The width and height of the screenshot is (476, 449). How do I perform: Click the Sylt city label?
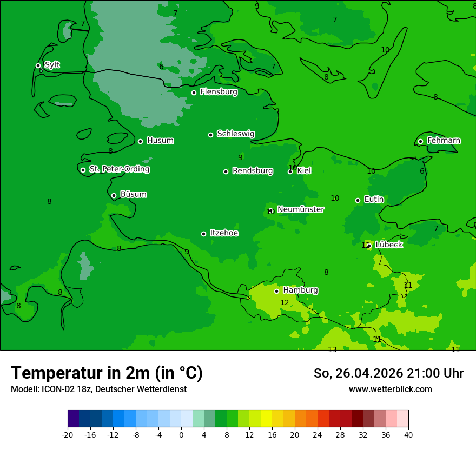tap(52, 65)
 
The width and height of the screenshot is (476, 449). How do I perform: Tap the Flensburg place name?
tap(219, 92)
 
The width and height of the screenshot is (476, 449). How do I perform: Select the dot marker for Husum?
tap(140, 141)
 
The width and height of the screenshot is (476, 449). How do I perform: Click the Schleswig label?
tap(235, 134)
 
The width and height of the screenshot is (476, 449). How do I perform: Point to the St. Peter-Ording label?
tap(119, 169)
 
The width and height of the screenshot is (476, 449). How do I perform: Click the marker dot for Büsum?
tap(114, 195)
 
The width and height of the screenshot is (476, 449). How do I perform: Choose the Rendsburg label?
tap(252, 171)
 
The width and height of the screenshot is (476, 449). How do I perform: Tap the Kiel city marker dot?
tap(290, 171)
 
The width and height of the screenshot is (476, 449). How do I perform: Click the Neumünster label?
tap(300, 209)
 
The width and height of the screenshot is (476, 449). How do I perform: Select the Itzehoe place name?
tap(224, 233)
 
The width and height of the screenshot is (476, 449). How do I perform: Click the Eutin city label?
tap(374, 200)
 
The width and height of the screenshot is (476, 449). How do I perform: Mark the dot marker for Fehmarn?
tap(420, 141)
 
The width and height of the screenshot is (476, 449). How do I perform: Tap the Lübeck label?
tap(388, 245)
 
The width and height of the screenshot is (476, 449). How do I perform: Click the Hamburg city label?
tap(300, 290)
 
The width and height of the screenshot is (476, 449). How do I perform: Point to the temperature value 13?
tap(332, 349)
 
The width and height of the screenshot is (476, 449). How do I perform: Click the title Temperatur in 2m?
tap(107, 373)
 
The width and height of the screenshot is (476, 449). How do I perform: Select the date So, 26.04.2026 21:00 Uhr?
tap(388, 373)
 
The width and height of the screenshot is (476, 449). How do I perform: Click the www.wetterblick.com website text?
tap(390, 389)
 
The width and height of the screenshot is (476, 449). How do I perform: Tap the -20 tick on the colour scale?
tap(68, 434)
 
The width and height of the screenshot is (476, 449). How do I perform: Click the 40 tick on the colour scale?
tap(408, 434)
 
